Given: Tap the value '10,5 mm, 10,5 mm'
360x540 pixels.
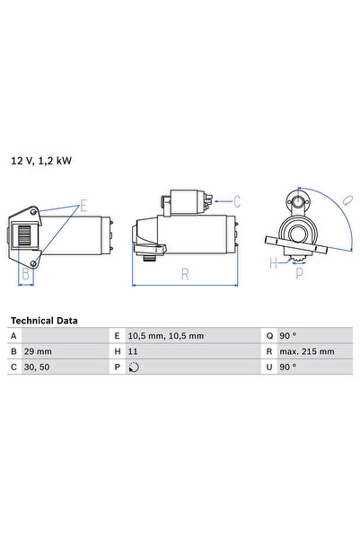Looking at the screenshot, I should coord(166,335).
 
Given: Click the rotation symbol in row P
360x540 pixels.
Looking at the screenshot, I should coord(135,367).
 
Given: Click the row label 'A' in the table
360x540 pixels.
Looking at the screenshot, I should coord(13,335).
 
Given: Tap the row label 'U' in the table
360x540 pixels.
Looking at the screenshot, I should coord(268,367).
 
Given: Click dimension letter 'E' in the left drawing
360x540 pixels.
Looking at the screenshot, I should coord(83,206).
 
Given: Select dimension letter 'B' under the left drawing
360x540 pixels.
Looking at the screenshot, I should coord(26,276).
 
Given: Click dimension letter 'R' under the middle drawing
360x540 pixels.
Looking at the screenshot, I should coord(183,275).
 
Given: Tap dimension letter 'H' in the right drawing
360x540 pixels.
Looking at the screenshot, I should coord(274,264).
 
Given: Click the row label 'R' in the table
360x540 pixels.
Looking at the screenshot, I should coord(268,351).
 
